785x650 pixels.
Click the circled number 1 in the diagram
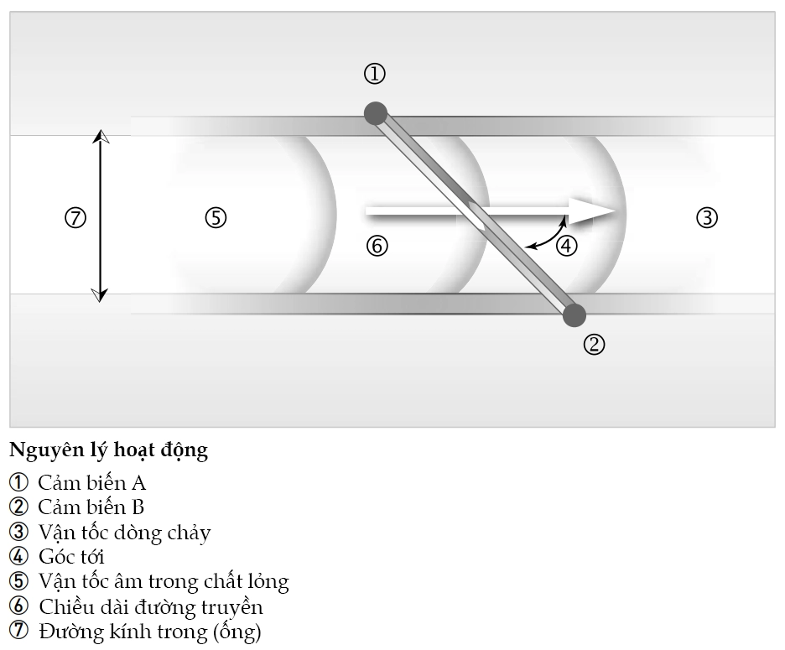[x=374, y=74]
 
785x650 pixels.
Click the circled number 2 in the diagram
[x=594, y=344]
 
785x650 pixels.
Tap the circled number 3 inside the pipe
[x=707, y=218]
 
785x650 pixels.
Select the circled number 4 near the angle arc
[x=567, y=246]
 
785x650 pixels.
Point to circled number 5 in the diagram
[x=216, y=218]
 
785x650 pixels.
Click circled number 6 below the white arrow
[x=377, y=246]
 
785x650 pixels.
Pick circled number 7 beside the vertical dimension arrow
[x=75, y=218]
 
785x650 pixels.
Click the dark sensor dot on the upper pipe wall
[x=376, y=113]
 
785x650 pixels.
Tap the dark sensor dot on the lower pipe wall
[x=574, y=315]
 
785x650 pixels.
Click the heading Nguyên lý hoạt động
[x=108, y=450]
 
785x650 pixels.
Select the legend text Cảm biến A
[x=91, y=482]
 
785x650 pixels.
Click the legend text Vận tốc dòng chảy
[x=124, y=532]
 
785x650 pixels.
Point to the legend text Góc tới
[x=71, y=556]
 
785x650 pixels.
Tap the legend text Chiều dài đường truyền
[x=151, y=606]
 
